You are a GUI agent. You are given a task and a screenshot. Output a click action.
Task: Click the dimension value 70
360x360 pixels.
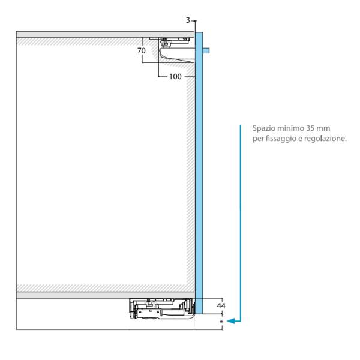point(142,51)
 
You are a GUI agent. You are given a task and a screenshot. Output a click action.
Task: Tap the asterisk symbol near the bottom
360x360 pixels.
point(222,322)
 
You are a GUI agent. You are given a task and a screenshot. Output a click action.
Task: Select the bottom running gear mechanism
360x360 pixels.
point(161,309)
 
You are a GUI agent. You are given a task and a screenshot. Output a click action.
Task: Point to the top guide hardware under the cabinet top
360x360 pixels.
point(172,43)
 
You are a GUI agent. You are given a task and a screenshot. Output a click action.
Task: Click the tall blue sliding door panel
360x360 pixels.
point(199,180)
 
